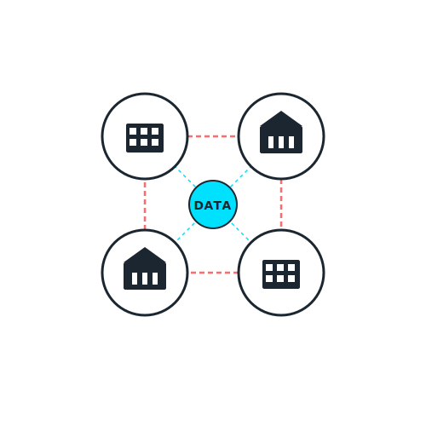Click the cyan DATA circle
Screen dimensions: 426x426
(213, 204)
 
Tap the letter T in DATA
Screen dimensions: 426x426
(216, 205)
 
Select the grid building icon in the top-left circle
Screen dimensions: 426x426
(145, 138)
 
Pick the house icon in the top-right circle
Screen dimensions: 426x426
(281, 132)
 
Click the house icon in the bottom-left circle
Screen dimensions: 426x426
(145, 268)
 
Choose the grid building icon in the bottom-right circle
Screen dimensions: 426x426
(281, 274)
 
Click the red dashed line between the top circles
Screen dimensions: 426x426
(212, 136)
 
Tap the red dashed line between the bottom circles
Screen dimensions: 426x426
(213, 273)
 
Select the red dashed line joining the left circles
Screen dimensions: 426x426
(145, 205)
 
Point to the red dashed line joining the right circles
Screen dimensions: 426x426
(281, 204)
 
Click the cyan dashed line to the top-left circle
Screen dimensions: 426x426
(187, 178)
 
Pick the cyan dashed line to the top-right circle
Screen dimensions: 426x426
(239, 178)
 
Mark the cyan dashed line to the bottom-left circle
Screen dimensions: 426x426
(186, 232)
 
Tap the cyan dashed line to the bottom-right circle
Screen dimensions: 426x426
(240, 232)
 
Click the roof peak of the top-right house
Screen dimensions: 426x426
(281, 111)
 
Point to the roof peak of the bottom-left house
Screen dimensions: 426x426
(145, 247)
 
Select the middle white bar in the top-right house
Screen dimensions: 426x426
(281, 142)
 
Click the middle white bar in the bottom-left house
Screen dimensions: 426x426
(145, 279)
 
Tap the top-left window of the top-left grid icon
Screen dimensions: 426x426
(133, 131)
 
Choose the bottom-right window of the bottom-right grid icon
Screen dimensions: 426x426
(291, 279)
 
